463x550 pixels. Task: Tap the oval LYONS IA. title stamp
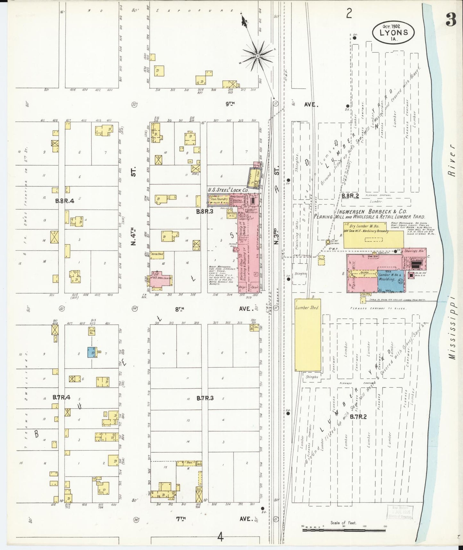[x=393, y=32]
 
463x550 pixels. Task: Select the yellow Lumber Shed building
[x=307, y=335]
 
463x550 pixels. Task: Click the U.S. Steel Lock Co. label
[x=228, y=190]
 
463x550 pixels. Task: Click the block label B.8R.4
[x=64, y=201]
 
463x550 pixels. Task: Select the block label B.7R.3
[x=205, y=398]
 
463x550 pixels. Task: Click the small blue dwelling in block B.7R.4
[x=92, y=352]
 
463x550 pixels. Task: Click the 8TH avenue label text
[x=179, y=309]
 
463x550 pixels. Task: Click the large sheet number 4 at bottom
[x=220, y=537]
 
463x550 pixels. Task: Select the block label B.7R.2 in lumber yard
[x=360, y=417]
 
